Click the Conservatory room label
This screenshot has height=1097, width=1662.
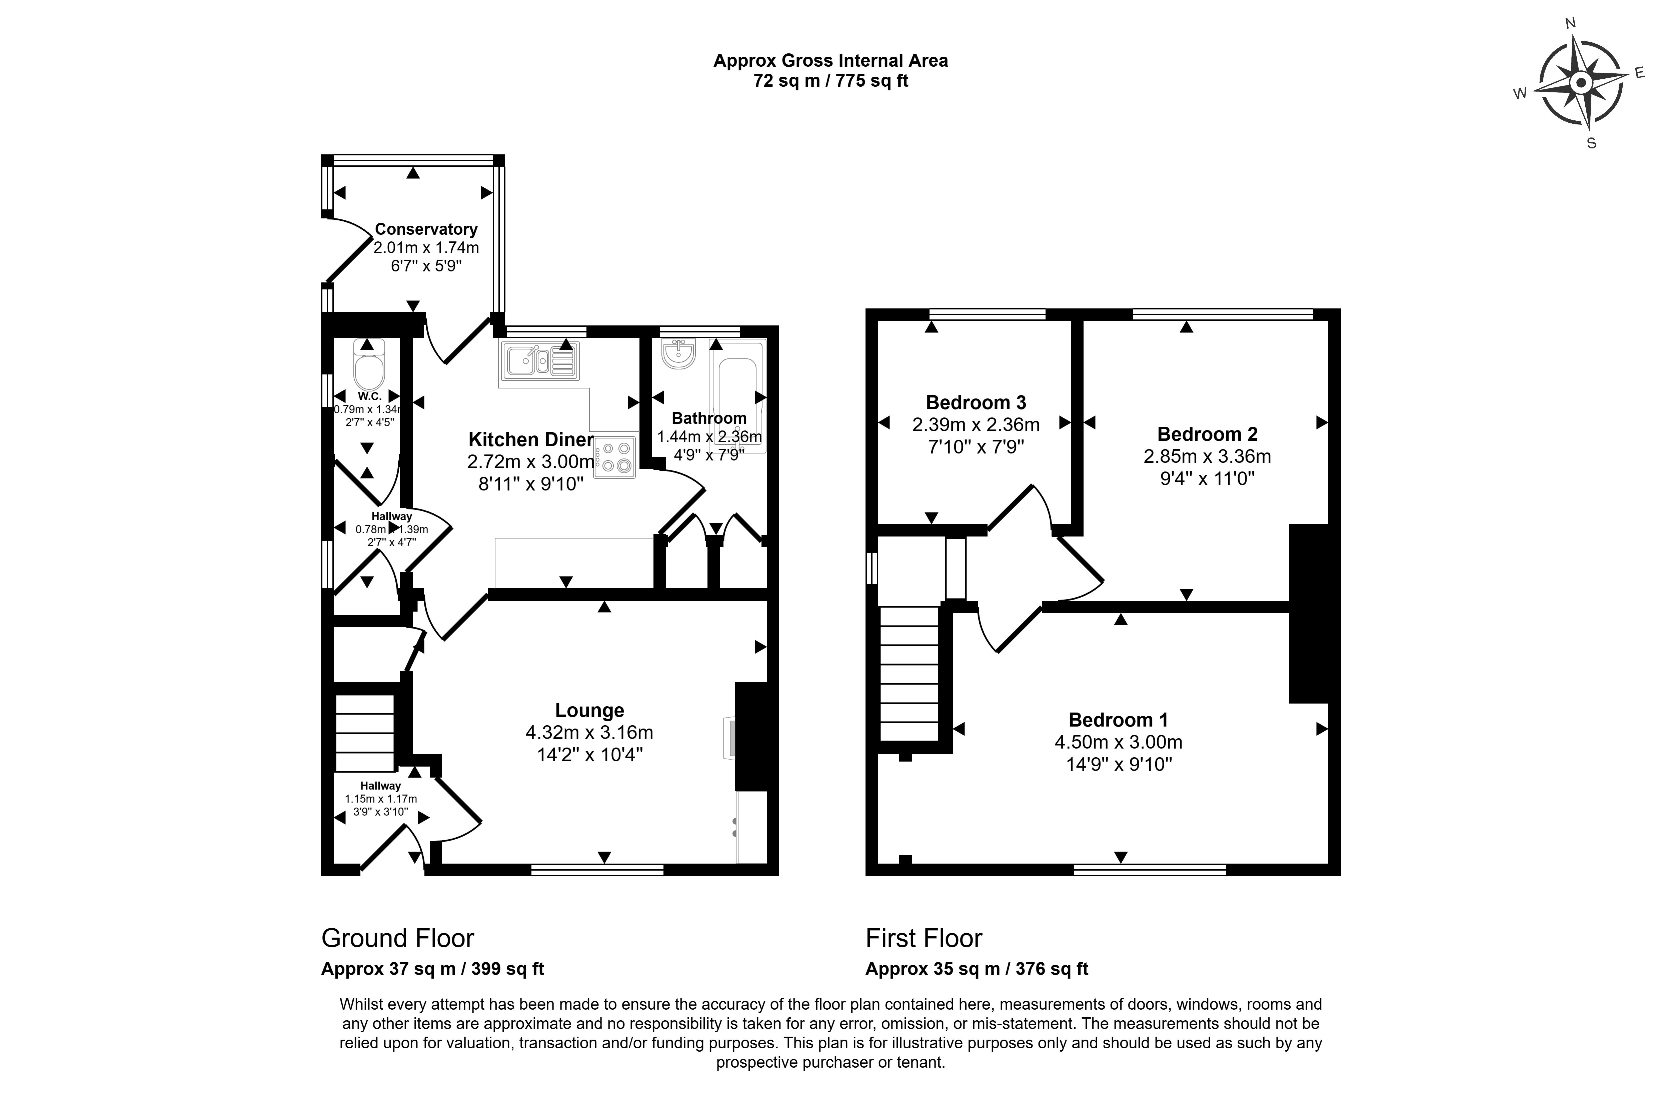click(x=426, y=229)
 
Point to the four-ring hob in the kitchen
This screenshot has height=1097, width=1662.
click(x=615, y=457)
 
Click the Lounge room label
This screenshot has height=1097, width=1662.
click(x=589, y=710)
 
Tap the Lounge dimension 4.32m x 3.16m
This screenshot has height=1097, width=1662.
click(x=589, y=733)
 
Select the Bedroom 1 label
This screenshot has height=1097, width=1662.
click(x=1118, y=720)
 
